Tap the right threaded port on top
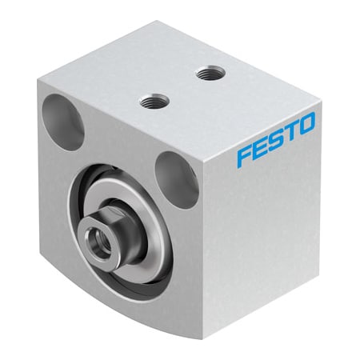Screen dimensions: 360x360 coord(210,74)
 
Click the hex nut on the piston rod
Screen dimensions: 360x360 coord(108,231)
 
